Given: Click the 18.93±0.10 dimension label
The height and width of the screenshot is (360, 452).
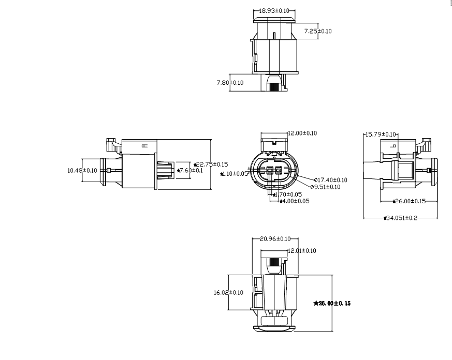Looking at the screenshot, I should point(274,11).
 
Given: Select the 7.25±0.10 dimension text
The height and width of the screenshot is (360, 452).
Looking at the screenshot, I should point(317,32).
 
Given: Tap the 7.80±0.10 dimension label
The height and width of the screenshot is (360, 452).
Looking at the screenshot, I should point(230,82).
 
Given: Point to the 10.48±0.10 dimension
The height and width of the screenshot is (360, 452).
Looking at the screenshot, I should point(82,170).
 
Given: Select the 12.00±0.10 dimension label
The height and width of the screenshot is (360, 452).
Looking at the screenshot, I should point(302,133).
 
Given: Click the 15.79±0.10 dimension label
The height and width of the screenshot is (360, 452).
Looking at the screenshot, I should point(381,134).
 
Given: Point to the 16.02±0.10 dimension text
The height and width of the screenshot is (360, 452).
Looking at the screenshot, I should point(228,293).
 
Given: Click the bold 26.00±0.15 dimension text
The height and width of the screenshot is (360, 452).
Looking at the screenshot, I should point(332,303).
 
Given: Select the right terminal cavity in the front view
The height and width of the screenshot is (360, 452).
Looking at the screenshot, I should point(279,170).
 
